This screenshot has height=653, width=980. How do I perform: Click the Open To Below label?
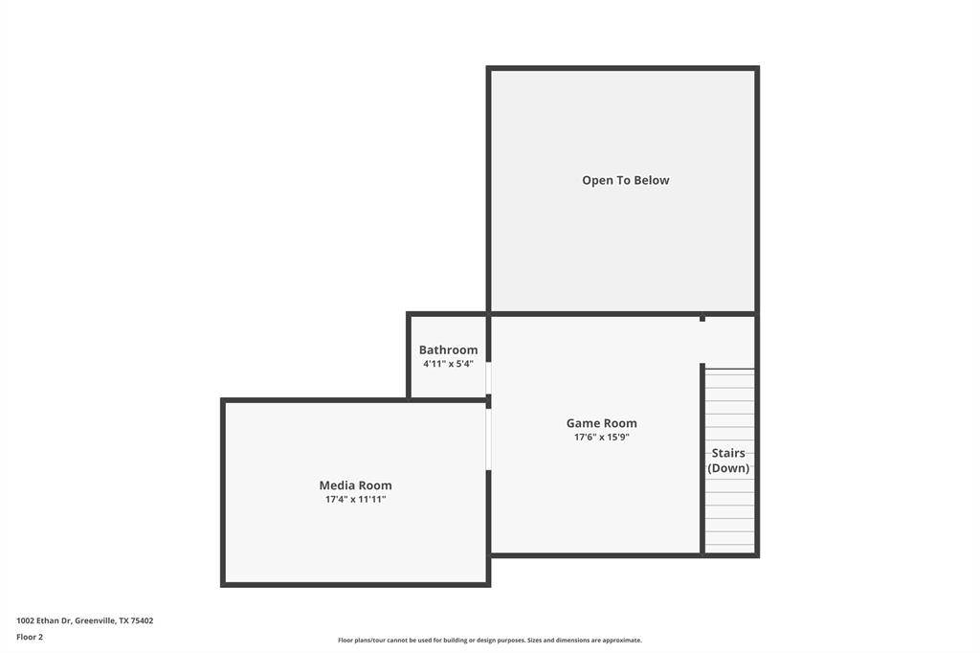click(626, 180)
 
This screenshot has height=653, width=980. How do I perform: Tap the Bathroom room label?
click(448, 349)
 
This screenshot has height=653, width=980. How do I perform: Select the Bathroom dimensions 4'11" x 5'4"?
click(448, 364)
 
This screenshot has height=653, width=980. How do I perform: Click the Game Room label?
click(601, 423)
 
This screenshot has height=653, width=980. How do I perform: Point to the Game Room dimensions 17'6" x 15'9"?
click(601, 437)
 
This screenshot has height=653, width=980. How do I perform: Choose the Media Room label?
click(356, 484)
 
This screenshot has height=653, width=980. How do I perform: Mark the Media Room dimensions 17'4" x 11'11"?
click(356, 499)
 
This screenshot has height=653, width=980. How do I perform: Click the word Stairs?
click(728, 453)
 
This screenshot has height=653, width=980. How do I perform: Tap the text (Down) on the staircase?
click(728, 468)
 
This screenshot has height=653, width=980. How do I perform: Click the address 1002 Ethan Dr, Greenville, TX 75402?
click(85, 620)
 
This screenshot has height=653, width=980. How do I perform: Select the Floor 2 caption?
click(30, 637)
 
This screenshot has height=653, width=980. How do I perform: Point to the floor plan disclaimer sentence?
click(490, 640)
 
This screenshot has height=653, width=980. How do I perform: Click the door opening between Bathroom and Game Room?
click(489, 378)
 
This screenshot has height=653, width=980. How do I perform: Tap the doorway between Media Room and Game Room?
click(489, 439)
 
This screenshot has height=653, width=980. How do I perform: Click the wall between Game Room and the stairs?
click(702, 459)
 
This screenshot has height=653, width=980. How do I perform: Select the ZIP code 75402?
click(142, 620)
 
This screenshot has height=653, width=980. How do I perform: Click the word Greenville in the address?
click(95, 620)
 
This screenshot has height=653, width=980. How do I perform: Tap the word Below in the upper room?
click(653, 180)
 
